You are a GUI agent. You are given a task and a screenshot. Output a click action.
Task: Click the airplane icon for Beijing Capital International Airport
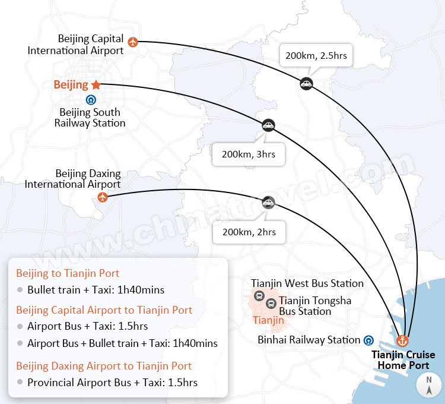click(132, 42)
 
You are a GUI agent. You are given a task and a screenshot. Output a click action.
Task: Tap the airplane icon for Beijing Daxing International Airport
click(103, 197)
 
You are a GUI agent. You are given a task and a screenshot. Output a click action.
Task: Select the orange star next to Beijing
click(96, 85)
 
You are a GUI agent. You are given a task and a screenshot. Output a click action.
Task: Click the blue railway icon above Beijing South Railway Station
click(90, 100)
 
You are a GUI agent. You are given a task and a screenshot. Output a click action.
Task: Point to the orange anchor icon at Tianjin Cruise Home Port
click(403, 341)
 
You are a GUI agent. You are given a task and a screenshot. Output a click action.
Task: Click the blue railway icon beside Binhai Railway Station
click(369, 340)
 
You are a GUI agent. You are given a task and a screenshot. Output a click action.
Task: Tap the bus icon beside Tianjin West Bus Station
click(259, 295)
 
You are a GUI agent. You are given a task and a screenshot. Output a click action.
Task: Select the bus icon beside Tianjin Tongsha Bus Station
click(271, 304)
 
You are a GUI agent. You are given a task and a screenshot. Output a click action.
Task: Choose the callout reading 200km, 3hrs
click(248, 154)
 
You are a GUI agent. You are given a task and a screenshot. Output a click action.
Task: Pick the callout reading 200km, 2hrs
click(249, 232)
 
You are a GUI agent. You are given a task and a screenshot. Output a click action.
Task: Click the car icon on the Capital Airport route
click(306, 84)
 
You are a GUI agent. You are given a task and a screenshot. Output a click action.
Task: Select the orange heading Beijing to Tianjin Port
click(68, 273)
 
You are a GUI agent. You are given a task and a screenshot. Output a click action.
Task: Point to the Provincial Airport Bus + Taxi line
click(112, 382)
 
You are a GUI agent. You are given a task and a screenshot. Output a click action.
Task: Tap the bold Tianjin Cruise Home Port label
click(403, 359)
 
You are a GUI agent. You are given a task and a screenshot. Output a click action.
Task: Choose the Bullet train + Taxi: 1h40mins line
click(96, 290)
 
